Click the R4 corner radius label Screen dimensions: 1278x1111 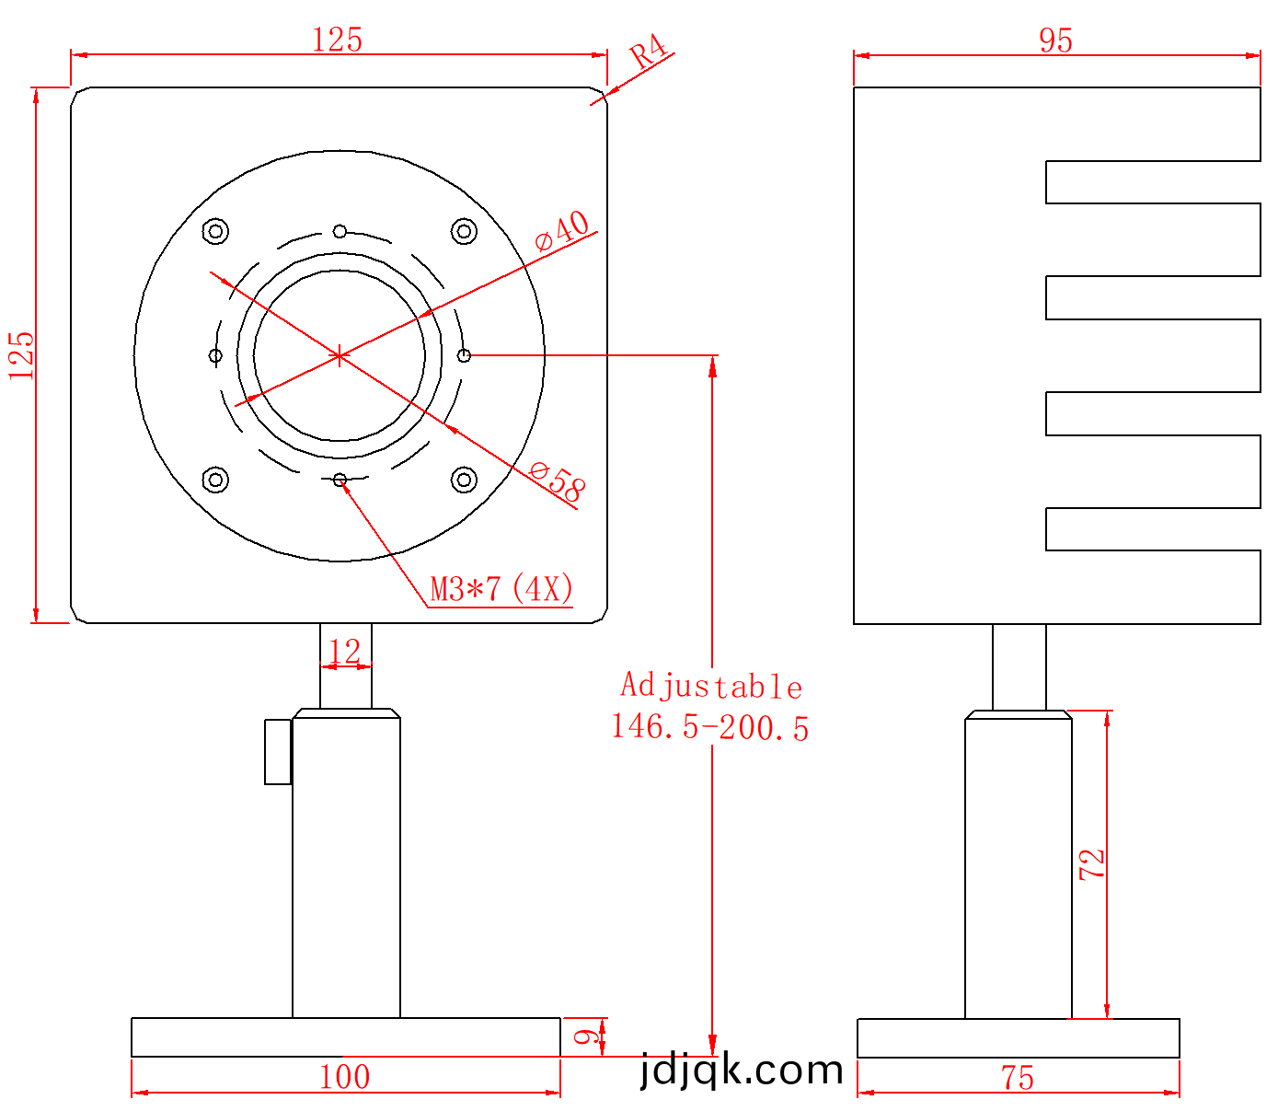[x=649, y=51]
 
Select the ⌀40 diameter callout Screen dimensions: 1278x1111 [x=561, y=230]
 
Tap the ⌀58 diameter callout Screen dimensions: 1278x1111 [x=558, y=480]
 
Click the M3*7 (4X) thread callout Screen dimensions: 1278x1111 [x=501, y=588]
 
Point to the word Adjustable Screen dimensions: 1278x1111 [x=711, y=686]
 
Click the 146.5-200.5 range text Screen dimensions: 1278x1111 [x=709, y=727]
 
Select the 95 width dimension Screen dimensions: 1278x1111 [x=1055, y=41]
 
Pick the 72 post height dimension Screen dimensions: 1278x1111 [x=1091, y=864]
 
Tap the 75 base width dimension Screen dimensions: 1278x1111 [x=1017, y=1078]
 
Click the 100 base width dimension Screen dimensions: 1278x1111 [x=344, y=1077]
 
